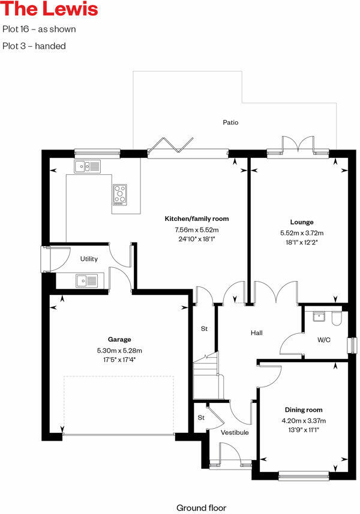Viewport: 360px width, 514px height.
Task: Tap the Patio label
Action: (x=231, y=122)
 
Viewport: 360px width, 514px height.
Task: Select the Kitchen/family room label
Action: (x=197, y=219)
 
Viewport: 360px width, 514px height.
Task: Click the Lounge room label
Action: (x=301, y=222)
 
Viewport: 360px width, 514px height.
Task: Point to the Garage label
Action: (x=119, y=339)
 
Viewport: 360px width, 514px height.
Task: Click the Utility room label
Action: (x=89, y=259)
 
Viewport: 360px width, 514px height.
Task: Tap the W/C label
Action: (x=323, y=340)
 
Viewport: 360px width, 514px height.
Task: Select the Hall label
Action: (x=256, y=333)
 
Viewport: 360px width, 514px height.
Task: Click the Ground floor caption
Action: (x=201, y=508)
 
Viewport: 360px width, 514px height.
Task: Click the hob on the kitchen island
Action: (x=120, y=194)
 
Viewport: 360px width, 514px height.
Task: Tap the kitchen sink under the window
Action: (x=87, y=166)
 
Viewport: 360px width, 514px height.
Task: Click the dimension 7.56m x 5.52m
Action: (x=197, y=230)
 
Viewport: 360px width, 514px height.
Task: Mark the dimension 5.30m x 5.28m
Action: (x=119, y=350)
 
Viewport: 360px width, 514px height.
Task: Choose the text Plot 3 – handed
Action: (x=34, y=46)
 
